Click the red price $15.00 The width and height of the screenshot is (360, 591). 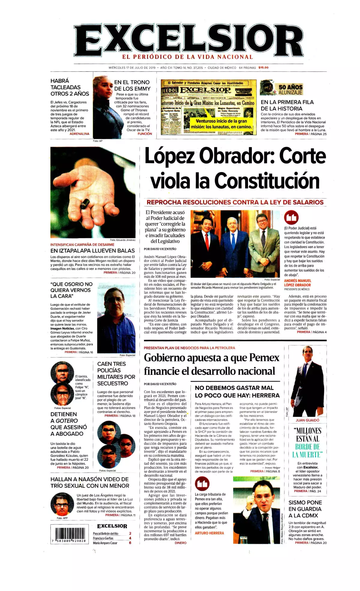263,68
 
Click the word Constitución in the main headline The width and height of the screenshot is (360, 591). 267,181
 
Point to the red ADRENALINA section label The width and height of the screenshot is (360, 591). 79,134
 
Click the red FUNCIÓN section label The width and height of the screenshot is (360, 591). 145,134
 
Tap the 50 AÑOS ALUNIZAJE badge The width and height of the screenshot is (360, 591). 290,89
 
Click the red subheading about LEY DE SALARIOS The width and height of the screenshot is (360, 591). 235,202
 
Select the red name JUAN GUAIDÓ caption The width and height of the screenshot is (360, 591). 307,420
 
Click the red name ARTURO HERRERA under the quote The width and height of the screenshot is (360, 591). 209,533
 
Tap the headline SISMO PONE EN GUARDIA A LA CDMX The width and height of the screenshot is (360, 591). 305,509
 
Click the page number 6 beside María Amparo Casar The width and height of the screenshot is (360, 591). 130,543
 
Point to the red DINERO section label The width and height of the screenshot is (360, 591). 181,543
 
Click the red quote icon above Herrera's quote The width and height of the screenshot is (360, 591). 202,484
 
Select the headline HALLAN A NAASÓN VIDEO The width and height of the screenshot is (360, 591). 90,482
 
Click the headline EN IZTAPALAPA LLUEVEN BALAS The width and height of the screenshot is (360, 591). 92,251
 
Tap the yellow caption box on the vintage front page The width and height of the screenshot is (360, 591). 221,124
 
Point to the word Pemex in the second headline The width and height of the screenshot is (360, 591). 264,357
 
